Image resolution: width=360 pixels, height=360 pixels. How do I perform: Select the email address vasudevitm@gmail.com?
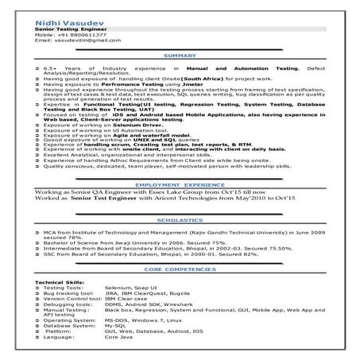coord(83,41)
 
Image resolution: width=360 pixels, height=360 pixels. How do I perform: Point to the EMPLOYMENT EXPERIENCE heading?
coord(180,206)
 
